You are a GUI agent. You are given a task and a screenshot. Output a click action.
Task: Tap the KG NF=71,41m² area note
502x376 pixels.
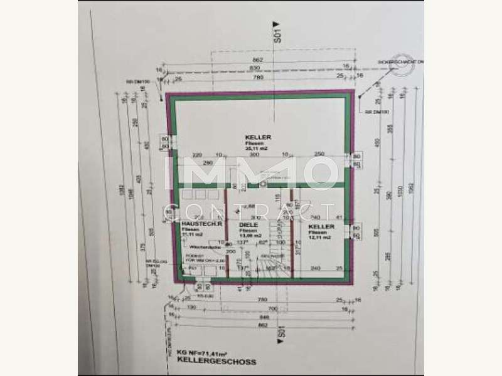tap(201, 353)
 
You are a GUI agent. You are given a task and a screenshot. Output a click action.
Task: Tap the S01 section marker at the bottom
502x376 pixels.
tap(282, 332)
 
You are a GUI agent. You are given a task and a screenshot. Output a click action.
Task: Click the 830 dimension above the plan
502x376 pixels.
tap(255, 67)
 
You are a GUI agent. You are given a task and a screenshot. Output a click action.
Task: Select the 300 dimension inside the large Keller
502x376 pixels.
tap(254, 154)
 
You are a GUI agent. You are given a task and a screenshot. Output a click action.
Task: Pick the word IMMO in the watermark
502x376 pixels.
tap(250, 173)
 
